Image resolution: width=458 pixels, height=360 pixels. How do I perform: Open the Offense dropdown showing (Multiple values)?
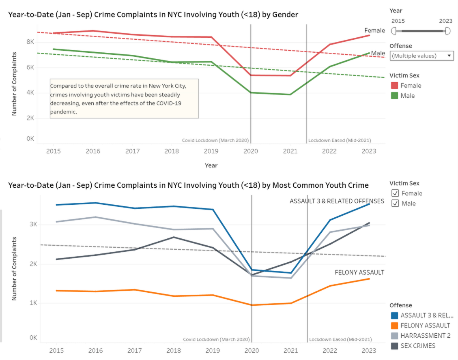421,56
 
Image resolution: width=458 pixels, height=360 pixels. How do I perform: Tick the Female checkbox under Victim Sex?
395,193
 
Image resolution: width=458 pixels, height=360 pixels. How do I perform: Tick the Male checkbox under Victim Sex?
395,204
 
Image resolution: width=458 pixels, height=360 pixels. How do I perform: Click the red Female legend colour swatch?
394,86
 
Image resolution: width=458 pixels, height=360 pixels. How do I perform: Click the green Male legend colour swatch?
394,96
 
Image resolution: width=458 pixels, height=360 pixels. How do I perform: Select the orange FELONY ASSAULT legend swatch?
394,326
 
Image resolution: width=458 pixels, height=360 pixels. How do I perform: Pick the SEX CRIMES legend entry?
418,346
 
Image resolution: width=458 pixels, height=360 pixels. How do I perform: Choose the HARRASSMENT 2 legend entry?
425,336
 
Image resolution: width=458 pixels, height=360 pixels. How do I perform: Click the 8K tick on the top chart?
30,42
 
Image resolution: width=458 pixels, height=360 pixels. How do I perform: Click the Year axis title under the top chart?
211,165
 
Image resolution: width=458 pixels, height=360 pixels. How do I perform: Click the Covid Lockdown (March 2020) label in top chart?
215,141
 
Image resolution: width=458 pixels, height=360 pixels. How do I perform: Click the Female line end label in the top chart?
374,30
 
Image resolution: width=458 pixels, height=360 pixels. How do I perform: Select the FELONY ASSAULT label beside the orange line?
359,272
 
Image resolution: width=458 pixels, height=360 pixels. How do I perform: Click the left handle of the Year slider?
393,31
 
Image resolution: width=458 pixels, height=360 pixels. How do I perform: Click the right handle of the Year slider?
447,31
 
